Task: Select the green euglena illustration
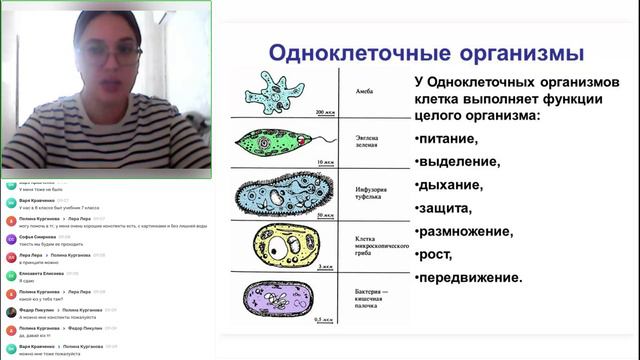(278, 144)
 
